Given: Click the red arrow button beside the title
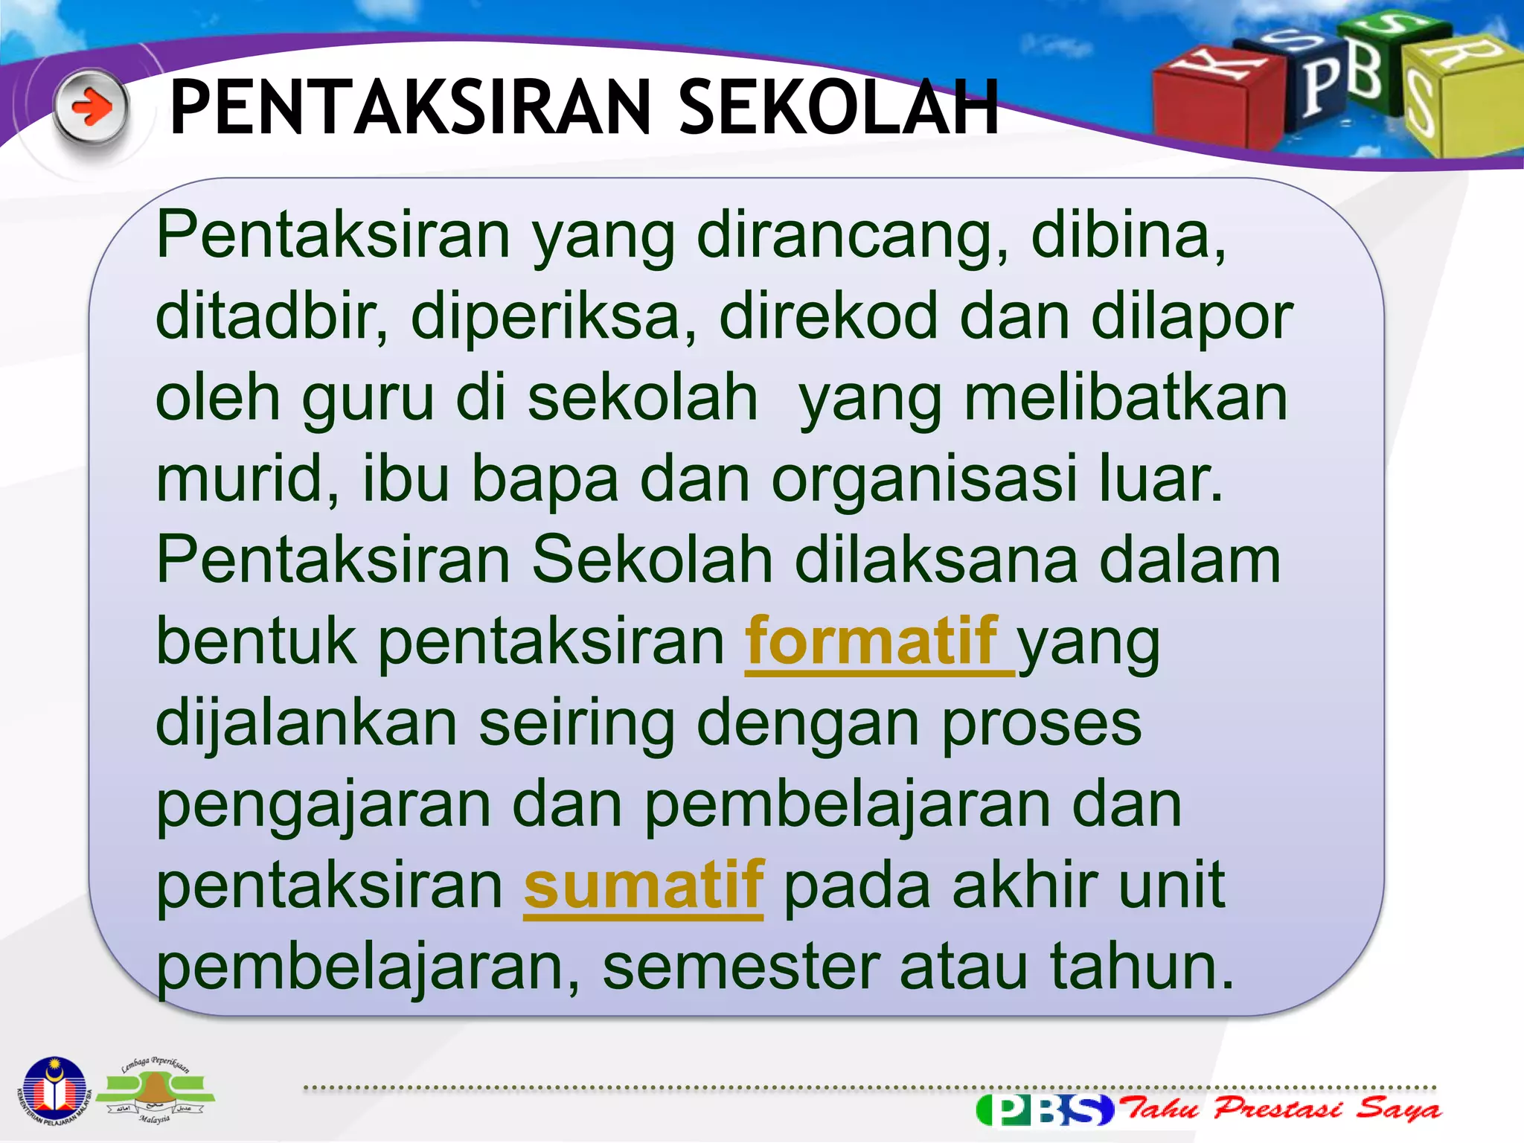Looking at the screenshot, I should (91, 109).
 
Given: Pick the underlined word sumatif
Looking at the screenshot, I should (644, 886).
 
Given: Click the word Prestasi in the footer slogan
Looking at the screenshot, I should (1277, 1109).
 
